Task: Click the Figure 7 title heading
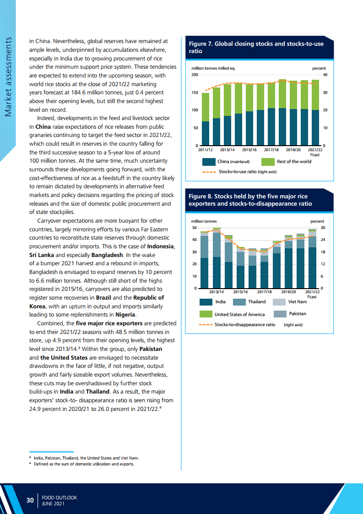tap(256, 48)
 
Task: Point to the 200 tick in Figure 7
tap(195, 75)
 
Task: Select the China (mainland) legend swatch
tap(208, 161)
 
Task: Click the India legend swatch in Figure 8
tap(206, 302)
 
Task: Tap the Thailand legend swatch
tap(239, 302)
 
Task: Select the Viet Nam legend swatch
tap(279, 302)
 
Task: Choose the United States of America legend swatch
tap(206, 314)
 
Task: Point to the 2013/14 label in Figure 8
tap(217, 291)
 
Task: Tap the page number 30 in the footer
tap(30, 500)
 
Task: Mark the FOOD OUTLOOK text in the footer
tap(60, 497)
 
